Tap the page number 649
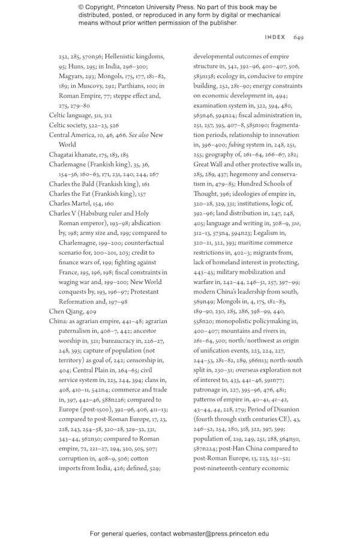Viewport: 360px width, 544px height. [299, 37]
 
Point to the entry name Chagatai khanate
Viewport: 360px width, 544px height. [72, 154]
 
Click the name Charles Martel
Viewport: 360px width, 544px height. [68, 204]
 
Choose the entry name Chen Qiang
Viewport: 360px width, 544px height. [63, 312]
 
